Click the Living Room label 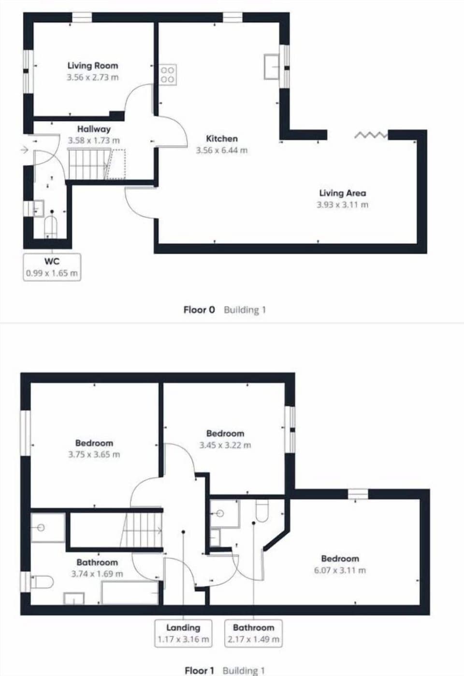point(92,66)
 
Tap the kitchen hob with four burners point(168,74)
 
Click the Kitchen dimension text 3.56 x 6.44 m point(221,150)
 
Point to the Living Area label point(342,193)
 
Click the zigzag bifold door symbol point(371,135)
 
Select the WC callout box point(52,267)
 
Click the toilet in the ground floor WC point(51,226)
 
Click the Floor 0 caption point(199,310)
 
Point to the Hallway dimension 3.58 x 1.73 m point(94,141)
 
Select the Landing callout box point(183,633)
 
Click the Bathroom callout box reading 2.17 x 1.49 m point(254,633)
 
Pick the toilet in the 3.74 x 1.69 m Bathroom point(42,582)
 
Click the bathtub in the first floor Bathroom point(130,593)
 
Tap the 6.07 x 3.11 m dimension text point(340,571)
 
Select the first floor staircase point(144,530)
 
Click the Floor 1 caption point(199,670)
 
